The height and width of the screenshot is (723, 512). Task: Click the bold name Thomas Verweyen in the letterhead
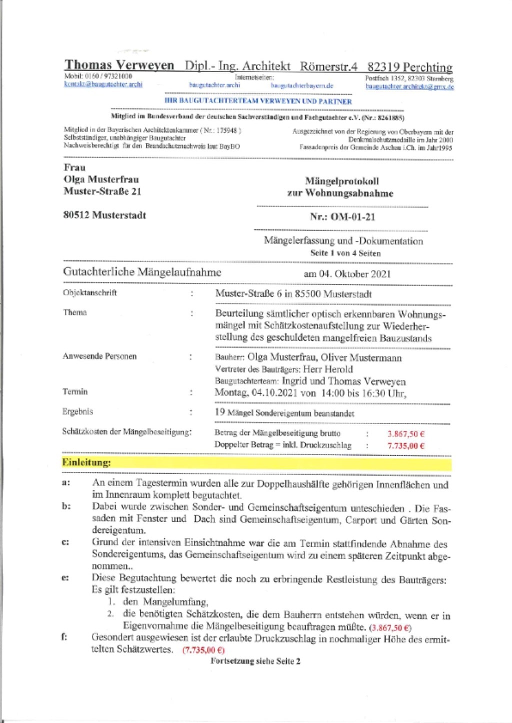click(119, 65)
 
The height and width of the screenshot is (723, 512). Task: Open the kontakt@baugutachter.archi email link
click(103, 84)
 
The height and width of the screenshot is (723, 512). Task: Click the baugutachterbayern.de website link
click(302, 85)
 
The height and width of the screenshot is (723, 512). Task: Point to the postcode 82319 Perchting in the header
click(410, 67)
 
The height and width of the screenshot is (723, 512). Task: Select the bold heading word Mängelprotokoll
click(342, 181)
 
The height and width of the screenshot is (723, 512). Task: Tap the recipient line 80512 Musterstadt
click(104, 215)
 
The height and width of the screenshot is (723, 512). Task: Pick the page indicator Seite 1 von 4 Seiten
click(345, 253)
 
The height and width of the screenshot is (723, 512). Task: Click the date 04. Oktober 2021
click(355, 274)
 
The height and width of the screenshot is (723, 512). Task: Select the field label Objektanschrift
click(90, 292)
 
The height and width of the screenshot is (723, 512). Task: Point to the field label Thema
click(75, 312)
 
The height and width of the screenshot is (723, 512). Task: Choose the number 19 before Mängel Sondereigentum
click(219, 412)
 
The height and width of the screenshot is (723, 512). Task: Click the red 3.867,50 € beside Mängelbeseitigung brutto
click(406, 434)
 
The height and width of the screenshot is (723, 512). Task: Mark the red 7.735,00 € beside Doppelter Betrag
click(406, 445)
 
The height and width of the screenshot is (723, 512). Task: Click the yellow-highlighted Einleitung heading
click(86, 462)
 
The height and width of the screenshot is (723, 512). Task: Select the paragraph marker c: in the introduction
click(65, 542)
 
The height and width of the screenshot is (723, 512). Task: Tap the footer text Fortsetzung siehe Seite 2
click(255, 661)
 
